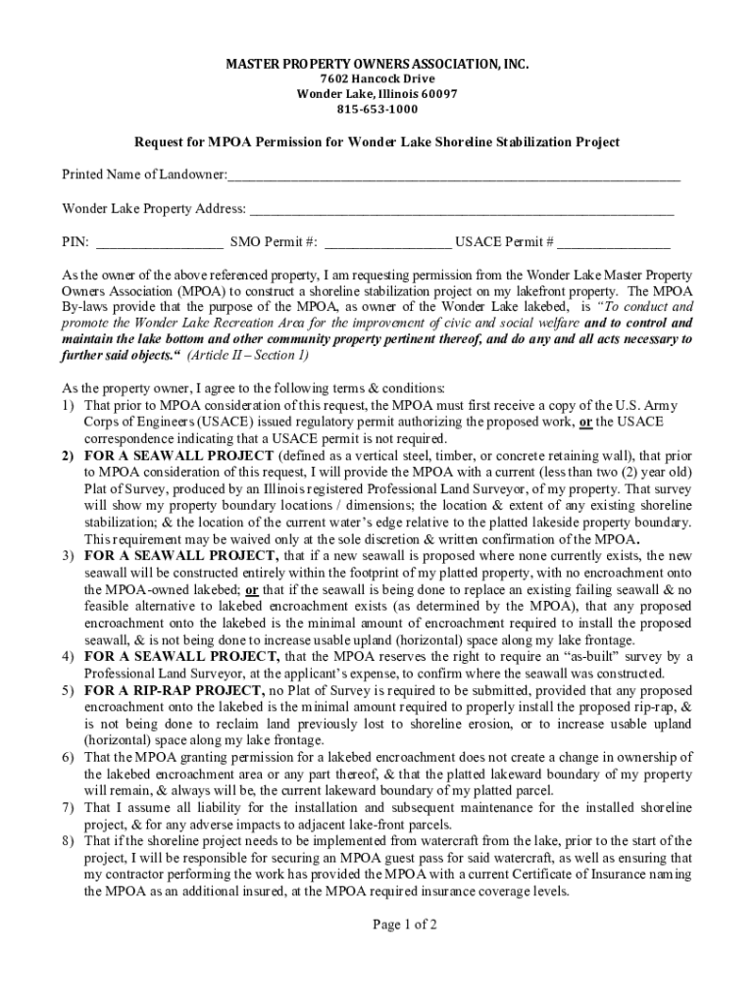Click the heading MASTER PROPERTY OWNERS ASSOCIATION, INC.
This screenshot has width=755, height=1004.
377,65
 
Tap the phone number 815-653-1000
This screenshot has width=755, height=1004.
377,109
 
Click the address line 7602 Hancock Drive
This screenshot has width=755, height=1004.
377,79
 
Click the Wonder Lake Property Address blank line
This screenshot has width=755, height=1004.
461,210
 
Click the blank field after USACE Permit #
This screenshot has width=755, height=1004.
615,243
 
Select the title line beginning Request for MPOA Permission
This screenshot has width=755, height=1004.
377,142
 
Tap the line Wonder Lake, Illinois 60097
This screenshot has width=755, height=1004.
377,94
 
